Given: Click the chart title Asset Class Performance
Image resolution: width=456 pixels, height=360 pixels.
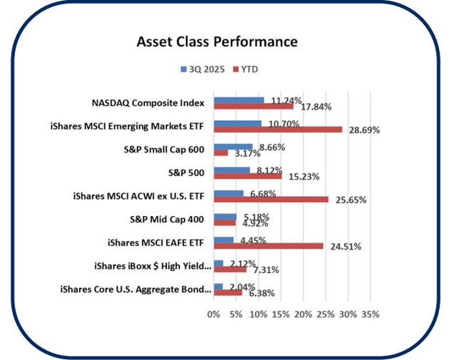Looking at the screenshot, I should click(x=217, y=42).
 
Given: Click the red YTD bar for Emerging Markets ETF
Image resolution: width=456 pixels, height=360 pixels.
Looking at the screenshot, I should click(x=278, y=130).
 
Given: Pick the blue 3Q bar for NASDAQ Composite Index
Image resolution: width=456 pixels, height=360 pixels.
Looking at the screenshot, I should click(x=239, y=101).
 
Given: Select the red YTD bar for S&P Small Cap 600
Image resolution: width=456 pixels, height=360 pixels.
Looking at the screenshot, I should click(x=221, y=153).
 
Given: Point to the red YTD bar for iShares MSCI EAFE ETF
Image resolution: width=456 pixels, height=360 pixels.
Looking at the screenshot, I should click(x=269, y=246).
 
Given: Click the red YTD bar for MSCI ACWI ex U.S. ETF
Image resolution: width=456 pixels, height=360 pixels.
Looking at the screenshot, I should click(x=271, y=199).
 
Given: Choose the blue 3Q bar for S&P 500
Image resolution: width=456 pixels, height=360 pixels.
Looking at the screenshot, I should click(x=232, y=170).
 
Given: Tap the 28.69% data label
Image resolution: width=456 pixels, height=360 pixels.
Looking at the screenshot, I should click(x=362, y=130).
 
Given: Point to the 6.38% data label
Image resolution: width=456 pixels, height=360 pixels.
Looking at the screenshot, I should click(x=259, y=292).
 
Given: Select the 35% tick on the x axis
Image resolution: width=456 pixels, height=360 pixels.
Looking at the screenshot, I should click(x=370, y=314).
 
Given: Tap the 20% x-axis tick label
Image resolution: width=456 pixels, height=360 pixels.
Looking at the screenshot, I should click(x=303, y=314).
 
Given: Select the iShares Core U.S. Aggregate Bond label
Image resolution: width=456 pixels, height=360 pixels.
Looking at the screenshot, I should click(x=152, y=289).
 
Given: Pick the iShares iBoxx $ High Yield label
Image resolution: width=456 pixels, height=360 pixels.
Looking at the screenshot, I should click(x=152, y=266).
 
